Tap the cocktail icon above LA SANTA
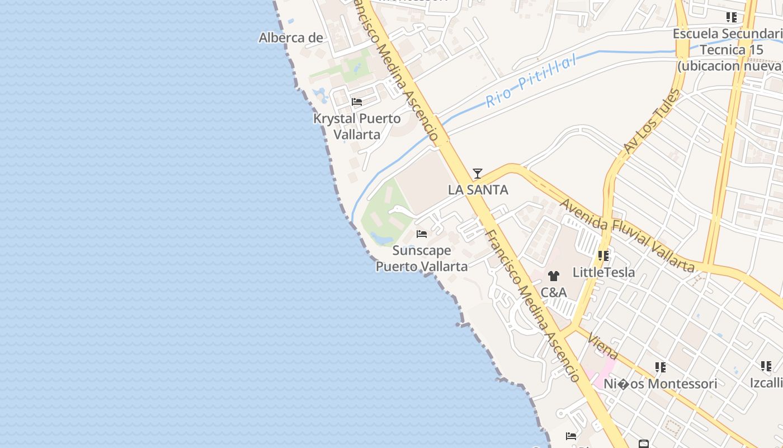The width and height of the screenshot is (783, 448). [x=477, y=174]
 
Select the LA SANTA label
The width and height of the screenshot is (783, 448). [x=478, y=190]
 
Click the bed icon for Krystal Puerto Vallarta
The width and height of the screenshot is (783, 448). [x=357, y=102]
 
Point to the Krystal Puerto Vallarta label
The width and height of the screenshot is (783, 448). [x=357, y=127]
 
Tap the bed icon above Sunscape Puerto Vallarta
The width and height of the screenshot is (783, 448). [x=422, y=234]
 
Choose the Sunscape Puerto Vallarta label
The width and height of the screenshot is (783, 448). [x=421, y=258]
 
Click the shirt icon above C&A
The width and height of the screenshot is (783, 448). [x=553, y=276]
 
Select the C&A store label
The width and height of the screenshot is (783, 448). [x=553, y=292]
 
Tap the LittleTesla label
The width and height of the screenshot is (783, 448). [x=603, y=273]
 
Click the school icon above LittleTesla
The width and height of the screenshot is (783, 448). [x=603, y=256]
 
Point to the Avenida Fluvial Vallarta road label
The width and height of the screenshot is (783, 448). [x=626, y=235]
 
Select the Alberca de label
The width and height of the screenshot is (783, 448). [x=291, y=38]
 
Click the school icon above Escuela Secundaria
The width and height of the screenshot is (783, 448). [x=731, y=17]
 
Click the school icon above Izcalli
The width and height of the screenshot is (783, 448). [x=766, y=366]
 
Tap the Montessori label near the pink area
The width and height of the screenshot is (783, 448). [x=660, y=384]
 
